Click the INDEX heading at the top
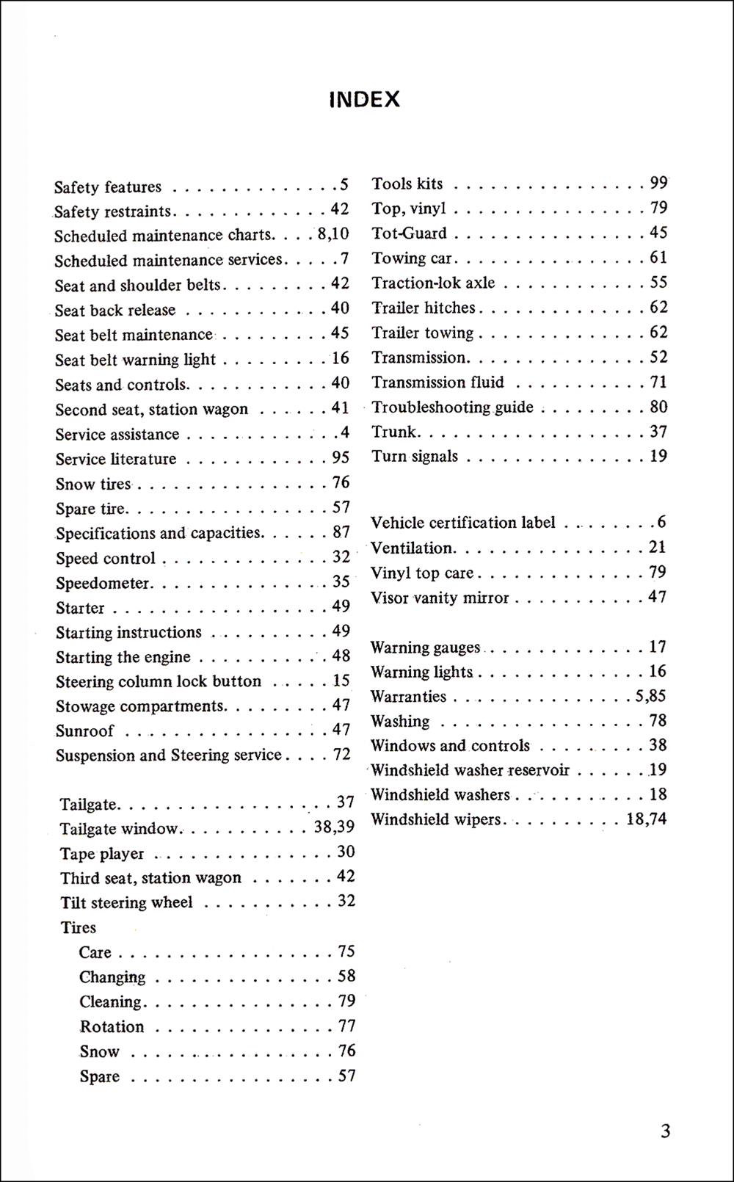pos(364,100)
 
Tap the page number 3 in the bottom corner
pos(665,1131)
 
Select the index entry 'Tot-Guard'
pos(409,233)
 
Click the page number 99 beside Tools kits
pos(658,183)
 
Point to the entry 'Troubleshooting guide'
pos(452,407)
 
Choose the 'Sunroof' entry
pos(85,731)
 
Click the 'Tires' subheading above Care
pos(79,928)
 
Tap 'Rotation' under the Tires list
pos(112,1026)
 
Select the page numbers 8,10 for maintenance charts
pos(333,234)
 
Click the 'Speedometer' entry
pos(103,584)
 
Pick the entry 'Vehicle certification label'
pos(462,523)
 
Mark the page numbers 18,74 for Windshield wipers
pos(646,819)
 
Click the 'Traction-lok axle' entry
pos(433,283)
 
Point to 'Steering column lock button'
pos(159,682)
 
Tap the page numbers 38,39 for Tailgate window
pos(334,827)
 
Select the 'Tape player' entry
pos(102,854)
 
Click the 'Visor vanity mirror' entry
pos(440,598)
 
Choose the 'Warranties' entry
pos(408,697)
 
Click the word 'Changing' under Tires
pos(112,977)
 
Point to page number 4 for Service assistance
pos(345,433)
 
